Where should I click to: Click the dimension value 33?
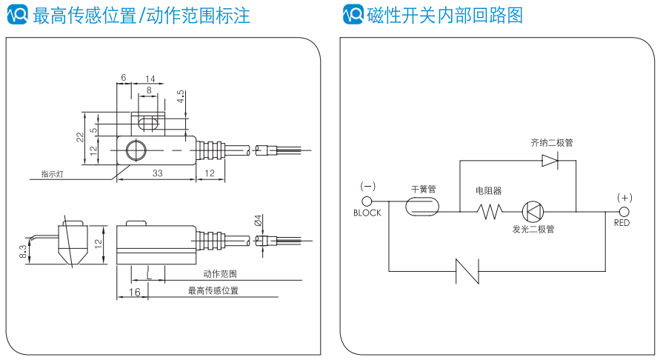click(x=157, y=173)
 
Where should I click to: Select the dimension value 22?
click(x=79, y=136)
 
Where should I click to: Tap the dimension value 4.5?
click(x=180, y=97)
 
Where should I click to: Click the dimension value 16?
click(x=134, y=293)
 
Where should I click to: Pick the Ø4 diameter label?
click(x=257, y=221)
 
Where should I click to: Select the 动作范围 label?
click(x=220, y=273)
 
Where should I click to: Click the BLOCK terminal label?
click(x=367, y=213)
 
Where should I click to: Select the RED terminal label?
click(x=622, y=222)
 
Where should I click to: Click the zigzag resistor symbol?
click(x=489, y=211)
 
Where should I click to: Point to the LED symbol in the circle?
click(x=533, y=211)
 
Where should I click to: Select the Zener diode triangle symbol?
click(x=550, y=160)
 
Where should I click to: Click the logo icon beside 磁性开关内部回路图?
click(x=353, y=13)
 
